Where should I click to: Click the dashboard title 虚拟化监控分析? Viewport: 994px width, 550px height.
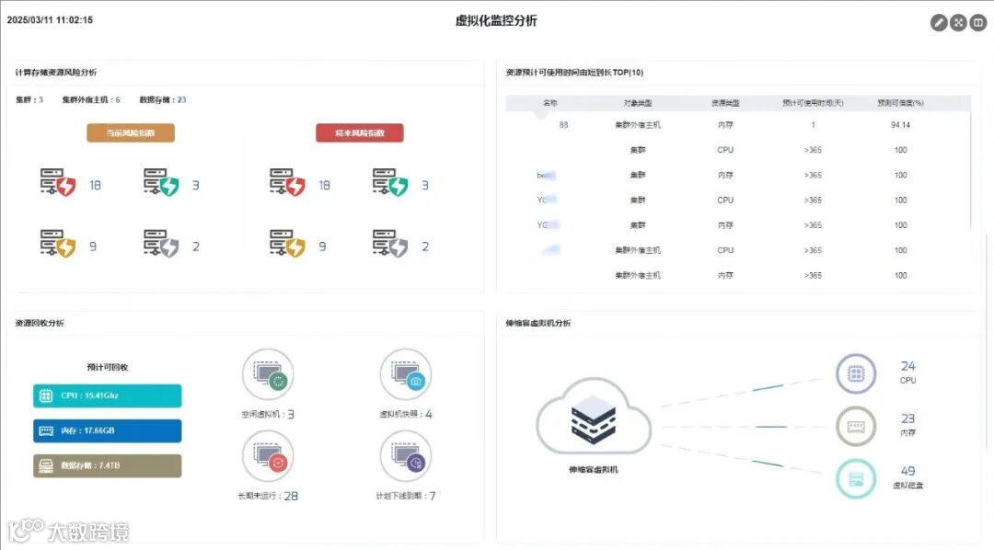click(x=496, y=20)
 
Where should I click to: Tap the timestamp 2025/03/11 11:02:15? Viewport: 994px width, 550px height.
click(x=50, y=19)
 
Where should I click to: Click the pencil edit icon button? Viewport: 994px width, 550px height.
click(x=939, y=23)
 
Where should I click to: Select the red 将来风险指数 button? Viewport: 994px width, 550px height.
click(x=359, y=133)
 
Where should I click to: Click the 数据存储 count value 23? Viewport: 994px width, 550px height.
click(x=181, y=99)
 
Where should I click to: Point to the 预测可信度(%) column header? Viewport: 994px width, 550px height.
click(x=900, y=103)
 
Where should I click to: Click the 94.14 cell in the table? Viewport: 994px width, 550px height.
click(x=900, y=125)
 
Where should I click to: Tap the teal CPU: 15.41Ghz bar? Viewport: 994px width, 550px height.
click(x=108, y=396)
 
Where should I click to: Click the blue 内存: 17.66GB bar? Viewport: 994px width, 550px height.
click(x=108, y=430)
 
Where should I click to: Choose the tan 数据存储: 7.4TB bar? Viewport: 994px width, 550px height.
click(x=108, y=465)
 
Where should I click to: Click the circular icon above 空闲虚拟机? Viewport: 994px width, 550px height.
click(x=268, y=374)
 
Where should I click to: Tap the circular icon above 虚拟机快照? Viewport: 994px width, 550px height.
click(x=406, y=374)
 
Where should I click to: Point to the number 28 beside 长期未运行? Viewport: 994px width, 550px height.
click(x=291, y=496)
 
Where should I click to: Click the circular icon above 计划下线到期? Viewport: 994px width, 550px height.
click(x=406, y=455)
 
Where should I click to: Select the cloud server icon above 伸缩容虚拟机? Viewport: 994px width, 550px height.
click(x=594, y=422)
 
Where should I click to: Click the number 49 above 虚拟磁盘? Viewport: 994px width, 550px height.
click(x=907, y=471)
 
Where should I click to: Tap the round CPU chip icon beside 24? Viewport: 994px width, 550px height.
click(x=856, y=374)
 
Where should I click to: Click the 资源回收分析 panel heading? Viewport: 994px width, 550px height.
click(x=40, y=323)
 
